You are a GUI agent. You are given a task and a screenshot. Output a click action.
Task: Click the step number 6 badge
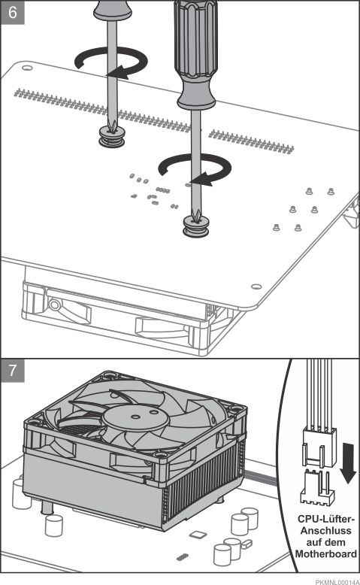pyautogui.click(x=13, y=12)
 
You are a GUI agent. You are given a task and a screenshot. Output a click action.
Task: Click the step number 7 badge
pyautogui.click(x=13, y=371)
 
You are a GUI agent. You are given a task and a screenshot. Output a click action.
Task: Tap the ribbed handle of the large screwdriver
pyautogui.click(x=196, y=54)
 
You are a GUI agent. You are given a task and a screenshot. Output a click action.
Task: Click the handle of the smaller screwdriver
pyautogui.click(x=112, y=9)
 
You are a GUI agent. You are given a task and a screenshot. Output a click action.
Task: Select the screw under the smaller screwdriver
pyautogui.click(x=111, y=137)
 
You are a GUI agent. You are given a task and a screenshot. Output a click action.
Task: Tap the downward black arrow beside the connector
pyautogui.click(x=349, y=462)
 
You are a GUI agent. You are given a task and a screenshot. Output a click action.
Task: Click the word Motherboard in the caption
pyautogui.click(x=325, y=553)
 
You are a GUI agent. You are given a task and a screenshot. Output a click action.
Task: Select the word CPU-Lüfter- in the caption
pyautogui.click(x=326, y=519)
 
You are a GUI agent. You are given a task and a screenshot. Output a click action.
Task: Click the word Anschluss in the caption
pyautogui.click(x=325, y=531)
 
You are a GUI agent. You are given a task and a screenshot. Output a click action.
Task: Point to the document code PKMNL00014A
pyautogui.click(x=337, y=582)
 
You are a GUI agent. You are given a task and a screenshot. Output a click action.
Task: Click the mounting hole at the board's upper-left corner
pyautogui.click(x=27, y=68)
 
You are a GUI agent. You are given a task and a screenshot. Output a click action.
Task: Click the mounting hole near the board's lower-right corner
pyautogui.click(x=256, y=286)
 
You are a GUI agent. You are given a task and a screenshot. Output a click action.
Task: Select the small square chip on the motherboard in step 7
pyautogui.click(x=198, y=535)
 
